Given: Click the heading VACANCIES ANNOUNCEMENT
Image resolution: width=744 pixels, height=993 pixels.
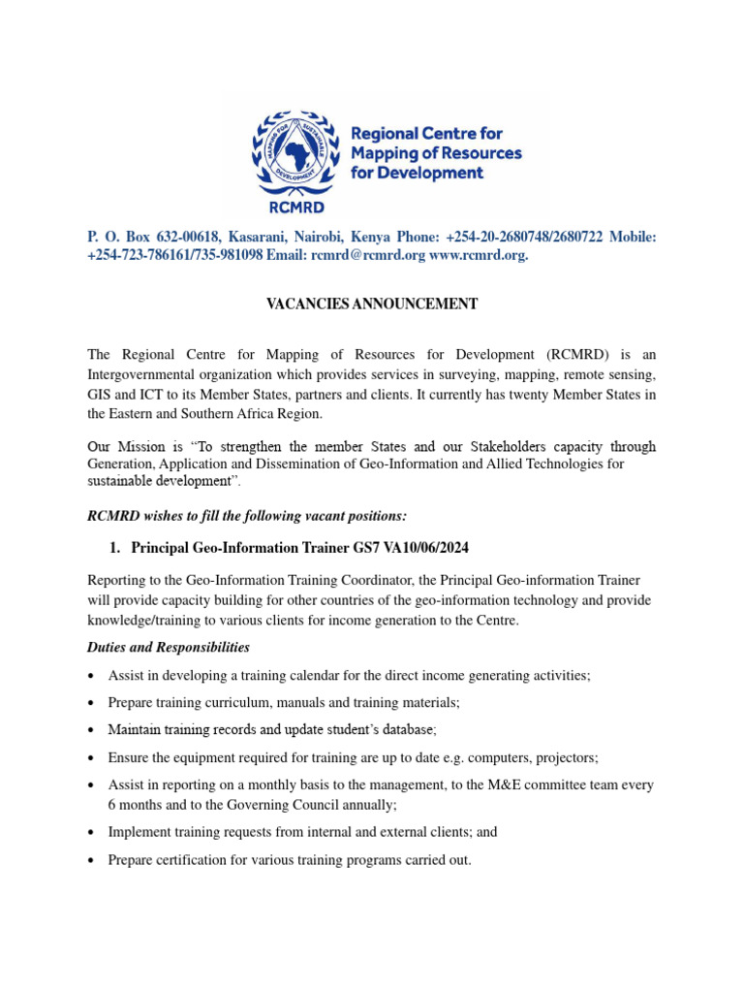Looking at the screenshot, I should coord(372,304).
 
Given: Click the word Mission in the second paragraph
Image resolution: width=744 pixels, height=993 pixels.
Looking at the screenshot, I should coord(139,447).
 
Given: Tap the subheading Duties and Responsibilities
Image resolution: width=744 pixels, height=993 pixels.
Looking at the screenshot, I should coord(169,647).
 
